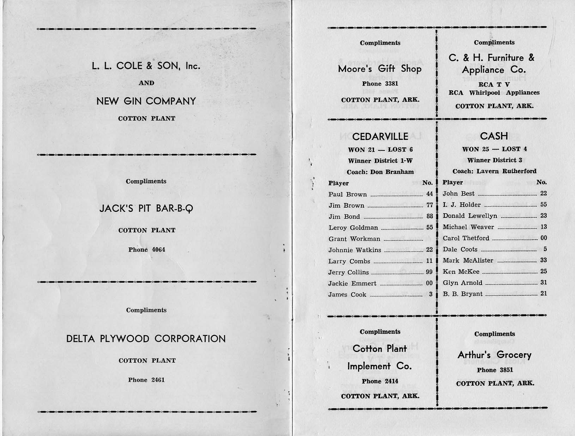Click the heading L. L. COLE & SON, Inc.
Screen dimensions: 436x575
pyautogui.click(x=146, y=66)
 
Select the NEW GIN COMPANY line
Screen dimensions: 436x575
pyautogui.click(x=146, y=101)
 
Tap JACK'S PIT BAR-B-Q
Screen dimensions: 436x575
pyautogui.click(x=146, y=208)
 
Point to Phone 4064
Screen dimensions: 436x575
pyautogui.click(x=146, y=250)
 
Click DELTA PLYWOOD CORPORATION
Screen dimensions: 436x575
pyautogui.click(x=146, y=339)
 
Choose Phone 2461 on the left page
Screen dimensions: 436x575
pyautogui.click(x=146, y=380)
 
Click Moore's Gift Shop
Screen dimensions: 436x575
pyautogui.click(x=380, y=69)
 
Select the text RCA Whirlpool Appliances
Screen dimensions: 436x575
pyautogui.click(x=494, y=93)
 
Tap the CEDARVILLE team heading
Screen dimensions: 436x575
pyautogui.click(x=380, y=136)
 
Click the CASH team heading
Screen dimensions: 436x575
pyautogui.click(x=494, y=136)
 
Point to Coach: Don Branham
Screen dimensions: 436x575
pyautogui.click(x=380, y=172)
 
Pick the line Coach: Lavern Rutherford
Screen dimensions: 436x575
pyautogui.click(x=494, y=171)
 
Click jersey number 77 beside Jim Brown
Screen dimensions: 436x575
pyautogui.click(x=429, y=205)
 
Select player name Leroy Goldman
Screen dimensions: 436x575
pyautogui.click(x=353, y=228)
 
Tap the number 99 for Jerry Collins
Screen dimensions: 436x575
pyautogui.click(x=429, y=272)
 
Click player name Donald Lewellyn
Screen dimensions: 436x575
pyautogui.click(x=470, y=216)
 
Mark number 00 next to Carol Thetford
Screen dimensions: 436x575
pyautogui.click(x=543, y=238)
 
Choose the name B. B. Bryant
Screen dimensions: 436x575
pyautogui.click(x=462, y=294)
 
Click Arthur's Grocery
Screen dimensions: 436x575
pyautogui.click(x=494, y=355)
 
